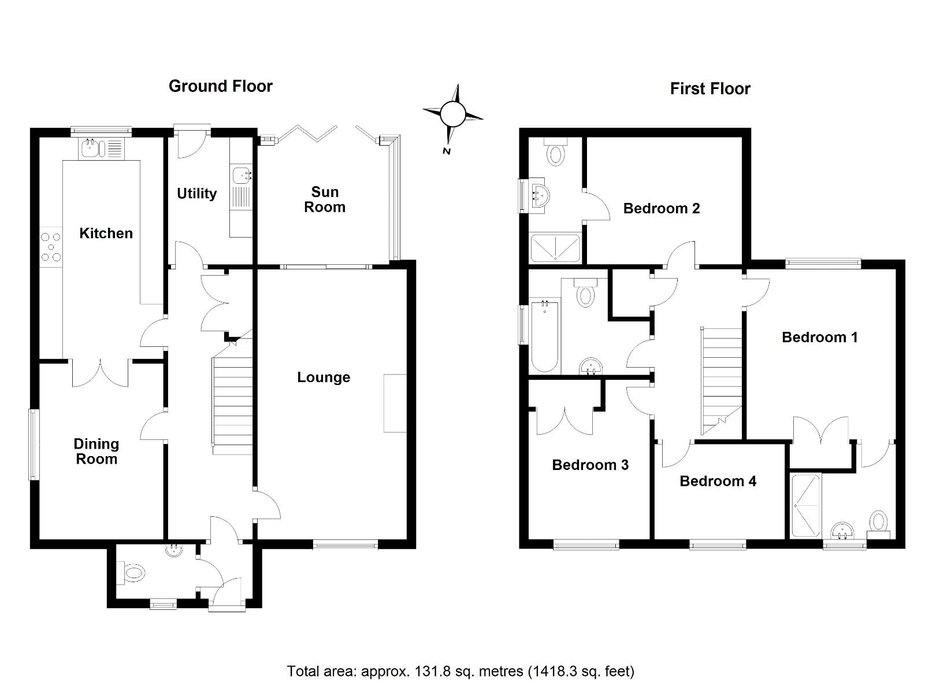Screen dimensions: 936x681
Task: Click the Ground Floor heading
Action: click(x=220, y=86)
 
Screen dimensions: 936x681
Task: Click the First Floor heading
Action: click(x=710, y=88)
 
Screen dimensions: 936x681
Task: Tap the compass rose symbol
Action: click(x=452, y=114)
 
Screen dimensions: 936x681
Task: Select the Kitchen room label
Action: click(x=106, y=233)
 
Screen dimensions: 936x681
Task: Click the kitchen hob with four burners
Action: click(x=51, y=246)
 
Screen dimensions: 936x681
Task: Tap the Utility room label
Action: click(x=196, y=193)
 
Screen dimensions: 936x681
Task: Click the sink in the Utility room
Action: click(x=241, y=174)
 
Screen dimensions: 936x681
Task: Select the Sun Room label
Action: click(x=325, y=199)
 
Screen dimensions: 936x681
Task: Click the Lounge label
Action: click(x=324, y=377)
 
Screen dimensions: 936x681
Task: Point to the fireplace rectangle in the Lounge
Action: click(x=395, y=403)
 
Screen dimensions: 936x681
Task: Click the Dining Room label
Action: click(x=96, y=451)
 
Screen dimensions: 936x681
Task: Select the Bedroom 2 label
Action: click(x=661, y=208)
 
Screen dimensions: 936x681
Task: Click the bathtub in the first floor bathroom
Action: click(x=544, y=336)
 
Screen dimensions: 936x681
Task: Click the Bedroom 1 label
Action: click(x=819, y=337)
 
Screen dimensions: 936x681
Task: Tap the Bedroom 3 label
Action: click(x=590, y=465)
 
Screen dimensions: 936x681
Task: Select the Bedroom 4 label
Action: click(x=718, y=481)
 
